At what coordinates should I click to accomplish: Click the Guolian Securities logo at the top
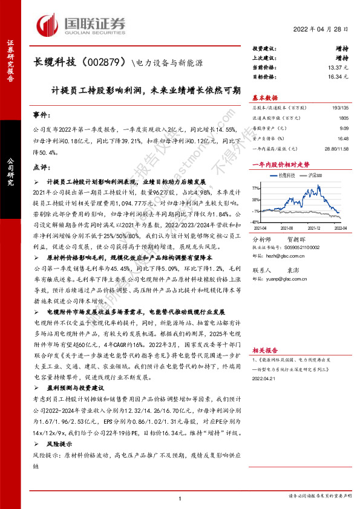click(x=81, y=25)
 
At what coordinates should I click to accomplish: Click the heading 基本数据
click(x=264, y=97)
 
